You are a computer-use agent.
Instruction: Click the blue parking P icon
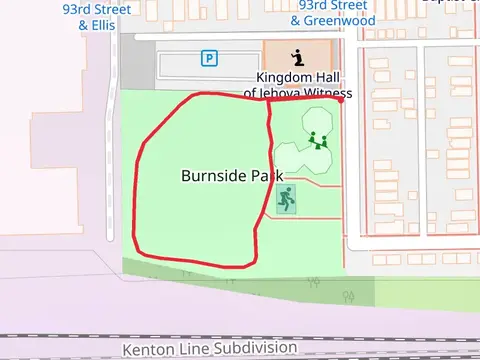tap(209, 58)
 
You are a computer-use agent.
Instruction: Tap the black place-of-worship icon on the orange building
tap(297, 57)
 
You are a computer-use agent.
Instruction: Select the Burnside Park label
tap(232, 175)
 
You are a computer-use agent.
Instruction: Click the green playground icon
tap(320, 139)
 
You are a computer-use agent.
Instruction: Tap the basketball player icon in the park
tap(287, 198)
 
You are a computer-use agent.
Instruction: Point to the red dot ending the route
tap(341, 99)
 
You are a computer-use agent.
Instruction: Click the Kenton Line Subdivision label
tap(210, 349)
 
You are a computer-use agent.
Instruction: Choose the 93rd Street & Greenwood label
tap(333, 12)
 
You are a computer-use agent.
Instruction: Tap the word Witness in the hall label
tap(320, 93)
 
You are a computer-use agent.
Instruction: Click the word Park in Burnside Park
tap(266, 175)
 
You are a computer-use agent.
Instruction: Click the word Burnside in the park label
tap(213, 175)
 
